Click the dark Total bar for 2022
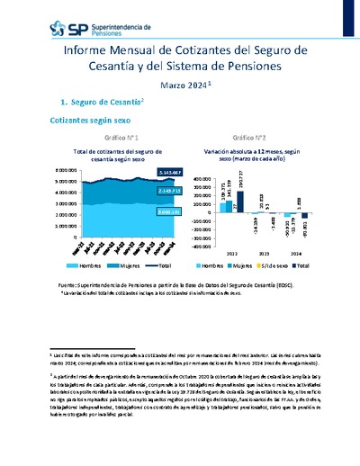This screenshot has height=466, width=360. click(x=240, y=202)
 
